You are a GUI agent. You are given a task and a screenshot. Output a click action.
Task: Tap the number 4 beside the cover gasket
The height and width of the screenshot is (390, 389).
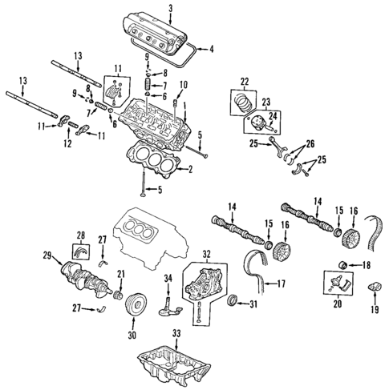(x=212, y=50)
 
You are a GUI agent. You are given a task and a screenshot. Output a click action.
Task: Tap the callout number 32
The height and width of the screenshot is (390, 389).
(x=207, y=254)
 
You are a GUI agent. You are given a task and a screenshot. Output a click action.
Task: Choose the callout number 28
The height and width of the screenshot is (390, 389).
(x=81, y=235)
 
